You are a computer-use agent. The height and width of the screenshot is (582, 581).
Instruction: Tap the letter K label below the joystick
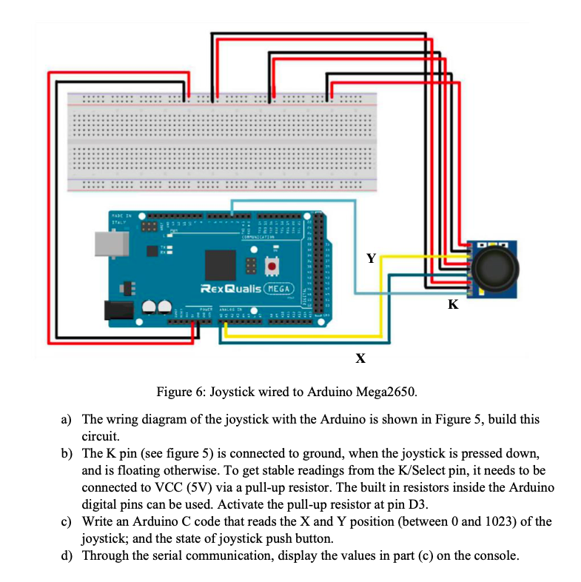453,304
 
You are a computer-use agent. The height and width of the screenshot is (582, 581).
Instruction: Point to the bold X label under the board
360,358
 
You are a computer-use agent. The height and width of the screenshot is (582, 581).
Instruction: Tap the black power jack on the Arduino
118,311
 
